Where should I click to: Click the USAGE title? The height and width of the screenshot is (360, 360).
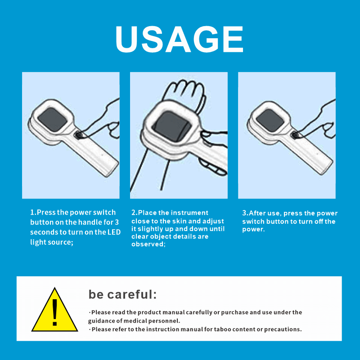click(179, 39)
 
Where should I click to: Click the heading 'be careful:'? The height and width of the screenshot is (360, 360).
click(122, 294)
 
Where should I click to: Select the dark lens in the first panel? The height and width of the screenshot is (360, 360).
click(52, 119)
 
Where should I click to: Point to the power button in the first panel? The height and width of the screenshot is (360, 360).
click(79, 135)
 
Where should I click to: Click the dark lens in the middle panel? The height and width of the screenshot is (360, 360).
click(172, 126)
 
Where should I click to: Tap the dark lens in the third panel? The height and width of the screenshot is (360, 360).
click(270, 120)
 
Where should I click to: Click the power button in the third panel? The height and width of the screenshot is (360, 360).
click(295, 135)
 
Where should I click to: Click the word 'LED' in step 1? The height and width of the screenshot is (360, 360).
click(114, 232)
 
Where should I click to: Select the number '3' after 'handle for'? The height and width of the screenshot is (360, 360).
click(117, 222)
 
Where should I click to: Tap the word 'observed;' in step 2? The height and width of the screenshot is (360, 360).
click(148, 244)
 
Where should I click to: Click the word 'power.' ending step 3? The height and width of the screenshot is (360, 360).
click(253, 229)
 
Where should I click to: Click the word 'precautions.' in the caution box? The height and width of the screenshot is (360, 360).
click(283, 329)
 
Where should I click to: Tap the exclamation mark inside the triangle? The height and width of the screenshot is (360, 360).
click(54, 312)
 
